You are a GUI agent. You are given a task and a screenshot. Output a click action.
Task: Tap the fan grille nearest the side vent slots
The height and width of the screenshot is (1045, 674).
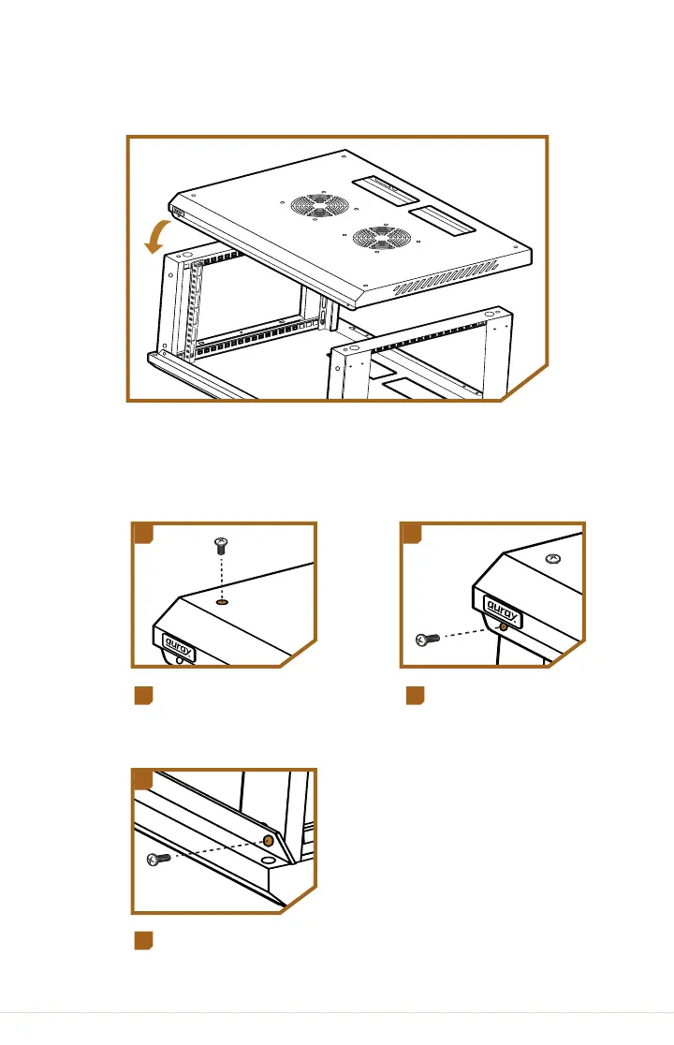tap(382, 238)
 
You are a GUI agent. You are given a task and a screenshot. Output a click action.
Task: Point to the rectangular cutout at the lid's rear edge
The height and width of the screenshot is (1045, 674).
tap(385, 189)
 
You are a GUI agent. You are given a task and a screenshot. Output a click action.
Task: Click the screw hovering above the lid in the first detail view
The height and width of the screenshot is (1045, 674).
tap(221, 546)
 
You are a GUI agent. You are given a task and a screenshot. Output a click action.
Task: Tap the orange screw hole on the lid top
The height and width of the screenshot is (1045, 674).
tap(223, 602)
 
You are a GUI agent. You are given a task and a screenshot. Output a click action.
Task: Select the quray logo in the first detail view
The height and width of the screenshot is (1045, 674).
tap(179, 647)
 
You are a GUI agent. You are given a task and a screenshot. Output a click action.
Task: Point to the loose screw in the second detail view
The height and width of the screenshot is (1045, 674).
tap(428, 640)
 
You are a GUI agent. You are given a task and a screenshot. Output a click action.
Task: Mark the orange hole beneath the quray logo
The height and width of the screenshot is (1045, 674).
tap(504, 626)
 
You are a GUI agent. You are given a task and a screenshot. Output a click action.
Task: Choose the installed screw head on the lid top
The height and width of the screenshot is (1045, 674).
tap(553, 558)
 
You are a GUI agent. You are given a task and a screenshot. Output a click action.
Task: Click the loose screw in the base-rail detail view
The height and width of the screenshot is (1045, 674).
tap(158, 859)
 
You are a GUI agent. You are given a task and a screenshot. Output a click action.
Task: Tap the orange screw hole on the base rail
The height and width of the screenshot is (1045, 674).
tap(269, 841)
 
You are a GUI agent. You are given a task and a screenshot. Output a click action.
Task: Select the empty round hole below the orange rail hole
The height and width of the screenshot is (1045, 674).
tap(268, 861)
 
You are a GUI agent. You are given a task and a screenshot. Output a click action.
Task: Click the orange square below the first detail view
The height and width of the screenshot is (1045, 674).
tap(144, 696)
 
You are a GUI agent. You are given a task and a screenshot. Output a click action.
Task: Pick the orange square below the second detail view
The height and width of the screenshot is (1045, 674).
tap(416, 696)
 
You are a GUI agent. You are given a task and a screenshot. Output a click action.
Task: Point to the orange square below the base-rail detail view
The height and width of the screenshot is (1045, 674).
tap(144, 941)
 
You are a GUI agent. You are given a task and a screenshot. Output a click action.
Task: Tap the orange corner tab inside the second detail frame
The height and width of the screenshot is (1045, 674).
tap(412, 534)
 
